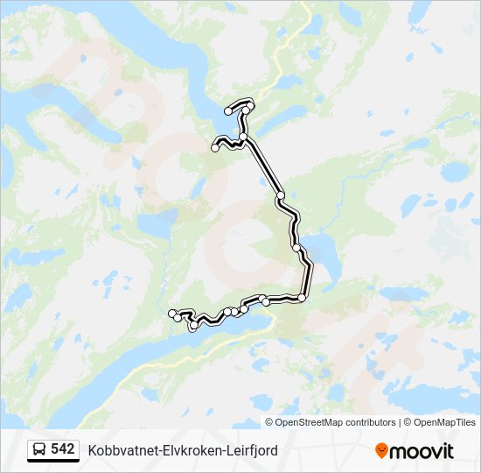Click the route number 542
(62, 449)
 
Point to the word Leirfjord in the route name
(251, 450)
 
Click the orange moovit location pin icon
(381, 450)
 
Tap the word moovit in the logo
(422, 451)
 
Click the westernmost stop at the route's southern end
(171, 313)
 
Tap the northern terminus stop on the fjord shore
(229, 111)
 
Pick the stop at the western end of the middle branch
(215, 148)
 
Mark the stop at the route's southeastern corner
(302, 298)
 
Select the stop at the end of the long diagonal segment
(281, 194)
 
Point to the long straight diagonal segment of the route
(264, 166)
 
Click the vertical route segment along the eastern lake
(307, 279)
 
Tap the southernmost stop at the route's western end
(193, 326)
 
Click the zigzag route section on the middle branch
(229, 142)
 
